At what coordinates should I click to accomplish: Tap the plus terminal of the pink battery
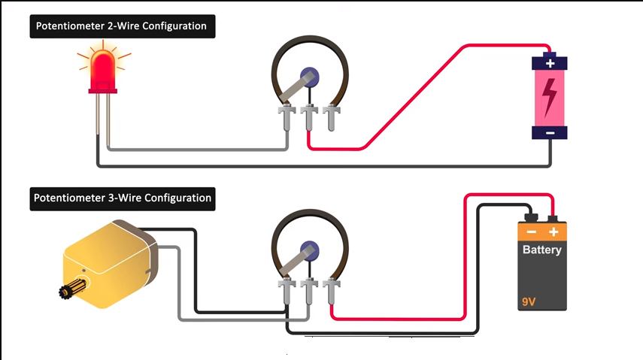[x=550, y=63]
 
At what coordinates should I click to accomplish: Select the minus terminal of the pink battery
[x=550, y=133]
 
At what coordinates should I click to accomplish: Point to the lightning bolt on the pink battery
[x=550, y=98]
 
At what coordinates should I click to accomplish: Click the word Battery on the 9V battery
[x=541, y=250]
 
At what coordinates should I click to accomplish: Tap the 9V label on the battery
[x=530, y=303]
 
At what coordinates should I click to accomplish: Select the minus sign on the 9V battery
[x=531, y=232]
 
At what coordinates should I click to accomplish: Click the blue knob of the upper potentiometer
[x=308, y=75]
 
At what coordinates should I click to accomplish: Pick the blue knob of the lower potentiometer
[x=308, y=249]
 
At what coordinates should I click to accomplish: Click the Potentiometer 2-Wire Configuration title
[x=123, y=27]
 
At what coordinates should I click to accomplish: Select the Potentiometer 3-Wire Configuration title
[x=123, y=199]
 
